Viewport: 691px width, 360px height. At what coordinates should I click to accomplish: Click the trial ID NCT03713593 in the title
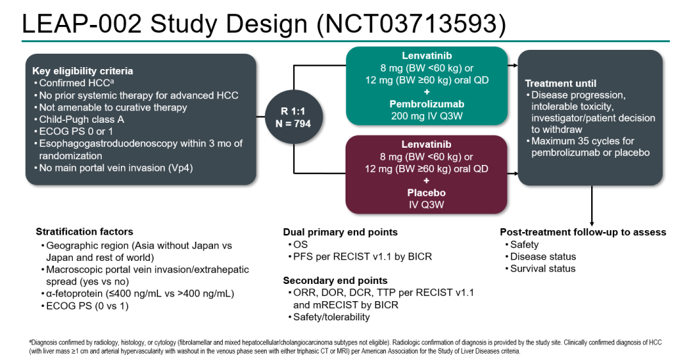click(416, 24)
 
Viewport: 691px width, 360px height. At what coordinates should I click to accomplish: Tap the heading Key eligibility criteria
click(83, 71)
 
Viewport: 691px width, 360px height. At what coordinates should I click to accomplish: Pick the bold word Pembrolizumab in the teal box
click(427, 104)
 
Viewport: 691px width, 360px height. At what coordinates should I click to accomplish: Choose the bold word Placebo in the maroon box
click(427, 192)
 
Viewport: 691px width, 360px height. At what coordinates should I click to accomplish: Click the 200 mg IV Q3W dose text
click(427, 116)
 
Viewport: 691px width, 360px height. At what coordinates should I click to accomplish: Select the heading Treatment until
click(560, 83)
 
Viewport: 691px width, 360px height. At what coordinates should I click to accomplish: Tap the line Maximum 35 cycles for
click(583, 141)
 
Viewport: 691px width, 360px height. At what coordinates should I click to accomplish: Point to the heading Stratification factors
click(84, 231)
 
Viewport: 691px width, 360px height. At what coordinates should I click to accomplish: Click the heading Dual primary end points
click(340, 232)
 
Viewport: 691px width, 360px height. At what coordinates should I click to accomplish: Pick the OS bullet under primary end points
click(299, 244)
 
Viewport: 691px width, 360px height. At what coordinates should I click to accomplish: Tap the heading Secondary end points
click(335, 281)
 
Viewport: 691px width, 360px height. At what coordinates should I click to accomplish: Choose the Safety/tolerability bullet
click(331, 317)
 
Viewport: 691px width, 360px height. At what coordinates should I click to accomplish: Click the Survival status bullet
click(543, 269)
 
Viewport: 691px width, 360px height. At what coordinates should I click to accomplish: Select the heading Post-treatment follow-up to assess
click(583, 232)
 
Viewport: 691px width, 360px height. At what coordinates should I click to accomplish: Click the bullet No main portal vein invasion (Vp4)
click(116, 168)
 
